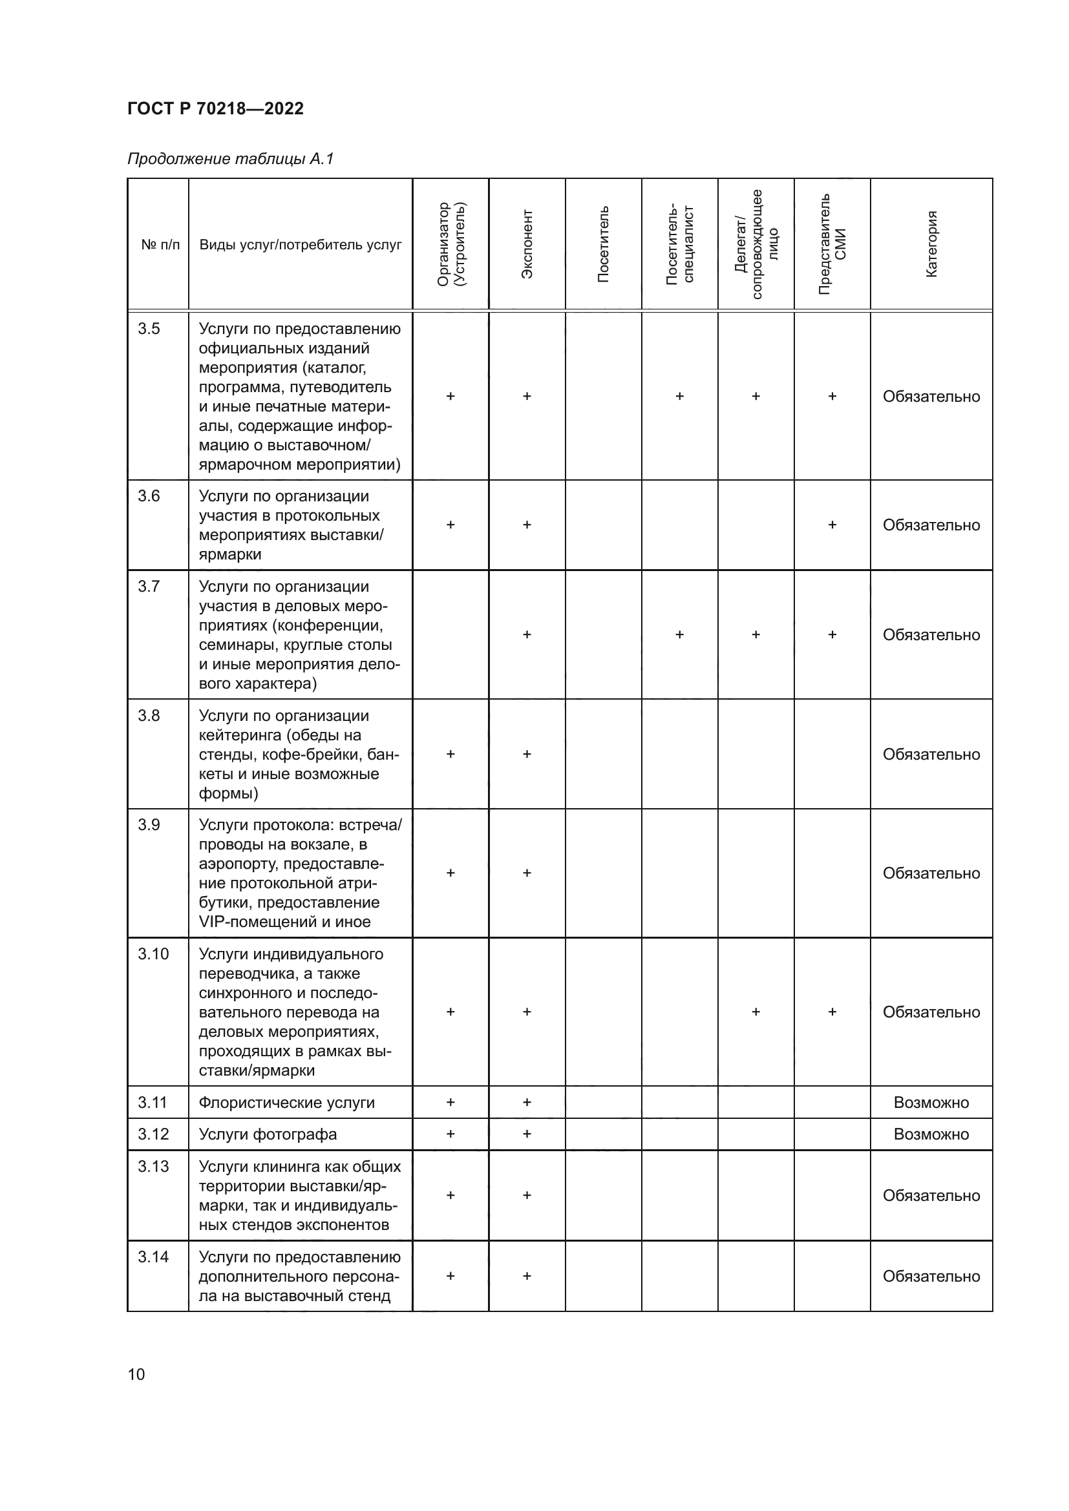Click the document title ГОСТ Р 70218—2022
(215, 109)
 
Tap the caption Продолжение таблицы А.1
(230, 159)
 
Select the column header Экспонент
(527, 244)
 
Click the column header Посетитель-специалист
(679, 244)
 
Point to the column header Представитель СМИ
(832, 244)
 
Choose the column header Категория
(931, 244)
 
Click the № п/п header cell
(160, 245)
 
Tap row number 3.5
(149, 328)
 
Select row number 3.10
(153, 953)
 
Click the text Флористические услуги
(286, 1102)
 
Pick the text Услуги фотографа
(268, 1134)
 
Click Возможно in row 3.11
(931, 1102)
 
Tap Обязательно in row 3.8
(931, 754)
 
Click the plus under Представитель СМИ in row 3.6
(832, 525)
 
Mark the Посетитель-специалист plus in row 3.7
(679, 634)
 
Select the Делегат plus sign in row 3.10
(756, 1012)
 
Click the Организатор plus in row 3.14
(450, 1275)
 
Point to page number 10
(136, 1374)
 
